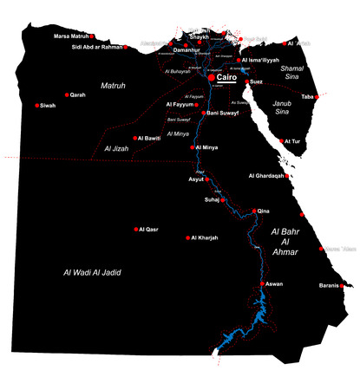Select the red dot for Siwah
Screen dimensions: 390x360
point(37,106)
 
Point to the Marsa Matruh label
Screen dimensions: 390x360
point(71,36)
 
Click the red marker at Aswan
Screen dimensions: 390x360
point(262,283)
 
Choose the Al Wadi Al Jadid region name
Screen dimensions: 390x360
point(92,272)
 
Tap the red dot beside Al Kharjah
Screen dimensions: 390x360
point(188,237)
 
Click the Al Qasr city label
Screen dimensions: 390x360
point(149,230)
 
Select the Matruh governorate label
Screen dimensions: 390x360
point(114,85)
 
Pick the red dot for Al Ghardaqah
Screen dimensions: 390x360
point(287,176)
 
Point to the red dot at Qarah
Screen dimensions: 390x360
point(67,94)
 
